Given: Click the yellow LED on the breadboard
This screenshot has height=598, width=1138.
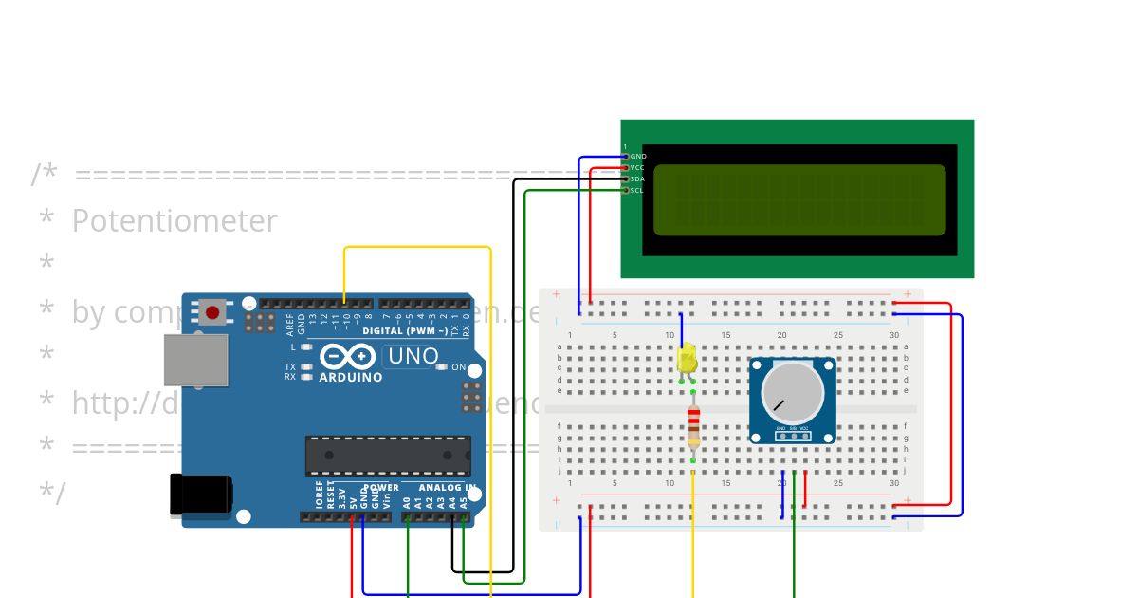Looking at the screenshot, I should coord(688,360).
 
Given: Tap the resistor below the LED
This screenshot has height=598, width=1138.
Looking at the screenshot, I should coord(693,424).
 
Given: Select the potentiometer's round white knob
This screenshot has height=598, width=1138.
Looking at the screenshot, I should coord(793,392).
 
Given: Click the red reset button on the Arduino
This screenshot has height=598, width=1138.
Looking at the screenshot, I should coord(212,311).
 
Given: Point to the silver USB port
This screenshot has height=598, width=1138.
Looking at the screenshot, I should coord(196,360).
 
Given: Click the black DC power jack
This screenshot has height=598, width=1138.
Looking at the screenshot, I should coord(199,495).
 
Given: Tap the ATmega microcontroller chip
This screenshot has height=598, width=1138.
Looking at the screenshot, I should coord(387,456).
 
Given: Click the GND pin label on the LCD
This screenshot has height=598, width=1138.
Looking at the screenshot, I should coord(638,156).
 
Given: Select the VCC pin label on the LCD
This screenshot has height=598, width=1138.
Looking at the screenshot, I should coord(637,167).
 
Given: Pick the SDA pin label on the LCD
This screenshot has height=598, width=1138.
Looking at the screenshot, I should coord(637,178).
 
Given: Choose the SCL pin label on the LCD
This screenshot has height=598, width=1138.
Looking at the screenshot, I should coord(637,190).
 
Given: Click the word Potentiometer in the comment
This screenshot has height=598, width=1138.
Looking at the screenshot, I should coord(174,221).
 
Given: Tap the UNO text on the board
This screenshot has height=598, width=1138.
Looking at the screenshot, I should coord(413,357).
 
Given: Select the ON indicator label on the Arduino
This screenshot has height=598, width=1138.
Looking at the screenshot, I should coord(458,367).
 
